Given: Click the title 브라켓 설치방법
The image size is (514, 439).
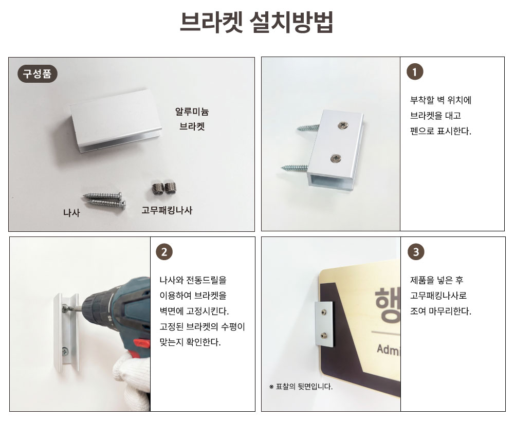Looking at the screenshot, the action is pos(256,22).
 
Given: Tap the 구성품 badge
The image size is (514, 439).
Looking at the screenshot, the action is pos(37,74).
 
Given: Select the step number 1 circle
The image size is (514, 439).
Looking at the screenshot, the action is pos(415,72).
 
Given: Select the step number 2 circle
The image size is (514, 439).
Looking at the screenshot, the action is pos(164,252).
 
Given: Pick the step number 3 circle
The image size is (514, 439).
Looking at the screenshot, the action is pos(416,252).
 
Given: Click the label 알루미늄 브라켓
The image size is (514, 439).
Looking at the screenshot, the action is pos(192,119).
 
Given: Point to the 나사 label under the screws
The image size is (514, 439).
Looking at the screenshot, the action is pos(71,213).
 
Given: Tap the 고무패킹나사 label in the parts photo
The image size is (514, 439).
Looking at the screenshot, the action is pos(167,210).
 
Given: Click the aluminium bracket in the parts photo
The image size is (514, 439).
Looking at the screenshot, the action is pos(116,122).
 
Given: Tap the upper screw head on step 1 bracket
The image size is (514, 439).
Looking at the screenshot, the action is pos(343,124).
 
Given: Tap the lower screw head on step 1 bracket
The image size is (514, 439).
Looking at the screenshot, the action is pos(336,159).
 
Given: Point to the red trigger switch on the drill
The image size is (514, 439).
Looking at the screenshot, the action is pos(142,343).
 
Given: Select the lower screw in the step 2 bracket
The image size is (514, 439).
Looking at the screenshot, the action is pos(65,352).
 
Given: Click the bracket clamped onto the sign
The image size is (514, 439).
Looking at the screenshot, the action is pos(324,324).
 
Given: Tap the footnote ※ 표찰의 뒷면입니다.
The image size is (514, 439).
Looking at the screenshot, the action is pos(301,387).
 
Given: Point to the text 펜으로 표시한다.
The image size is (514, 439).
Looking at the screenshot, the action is pos(440,131).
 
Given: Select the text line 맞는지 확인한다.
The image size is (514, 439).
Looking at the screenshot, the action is pos(190,342).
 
